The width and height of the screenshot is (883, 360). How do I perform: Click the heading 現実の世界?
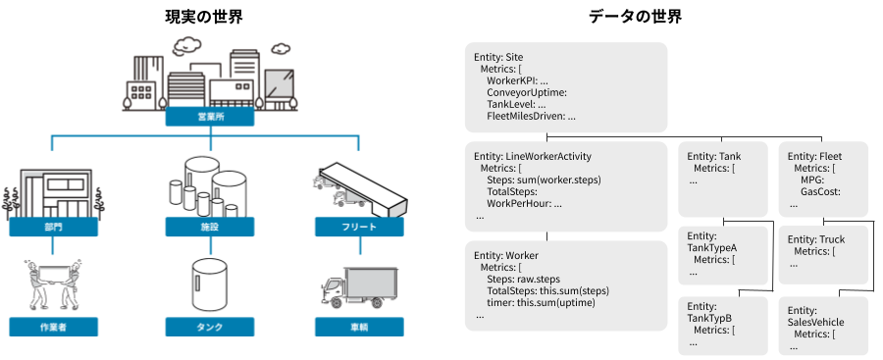(203, 17)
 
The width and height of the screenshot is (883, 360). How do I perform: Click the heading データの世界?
(635, 17)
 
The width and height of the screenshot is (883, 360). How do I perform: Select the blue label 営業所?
(210, 117)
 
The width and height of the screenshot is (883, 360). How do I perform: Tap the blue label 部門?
(54, 228)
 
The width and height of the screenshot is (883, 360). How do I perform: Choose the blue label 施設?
(210, 228)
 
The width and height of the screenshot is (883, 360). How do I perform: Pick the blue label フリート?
(359, 228)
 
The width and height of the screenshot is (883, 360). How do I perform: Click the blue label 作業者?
(54, 327)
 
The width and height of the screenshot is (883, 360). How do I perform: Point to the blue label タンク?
(210, 327)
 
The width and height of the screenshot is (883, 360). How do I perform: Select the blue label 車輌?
(359, 327)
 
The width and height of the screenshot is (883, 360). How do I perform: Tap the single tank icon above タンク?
(210, 284)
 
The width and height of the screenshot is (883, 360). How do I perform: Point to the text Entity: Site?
(498, 58)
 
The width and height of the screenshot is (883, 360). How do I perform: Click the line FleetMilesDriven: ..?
(531, 117)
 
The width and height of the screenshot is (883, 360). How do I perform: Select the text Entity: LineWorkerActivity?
(533, 156)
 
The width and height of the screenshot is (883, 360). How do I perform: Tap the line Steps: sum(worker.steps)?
(544, 180)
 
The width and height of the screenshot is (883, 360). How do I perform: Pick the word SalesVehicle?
(816, 323)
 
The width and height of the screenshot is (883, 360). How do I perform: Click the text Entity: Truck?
(816, 240)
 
